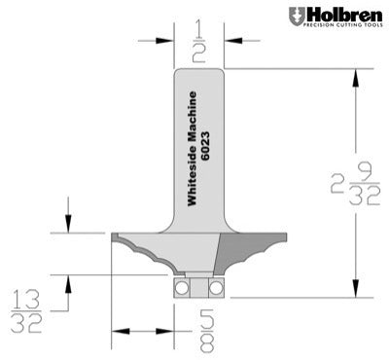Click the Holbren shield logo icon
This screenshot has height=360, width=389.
296,17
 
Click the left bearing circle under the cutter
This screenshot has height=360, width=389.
180,288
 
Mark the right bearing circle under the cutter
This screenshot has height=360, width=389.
215,288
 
